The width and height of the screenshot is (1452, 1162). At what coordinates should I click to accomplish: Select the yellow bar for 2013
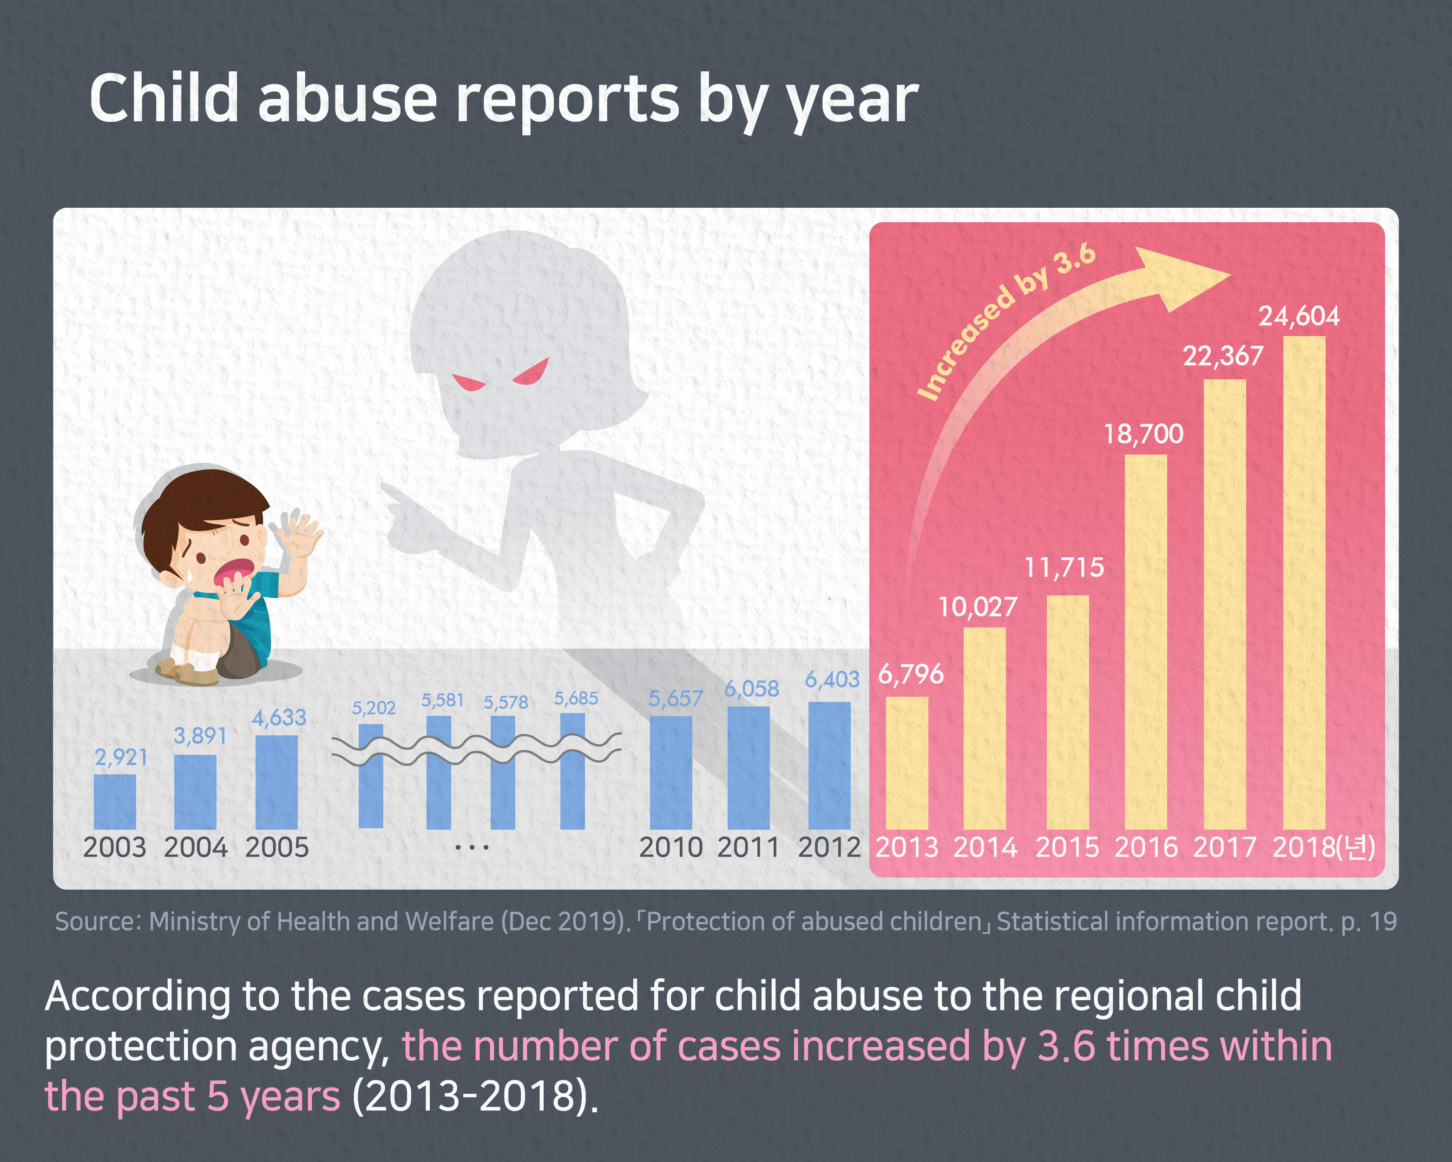click(x=907, y=763)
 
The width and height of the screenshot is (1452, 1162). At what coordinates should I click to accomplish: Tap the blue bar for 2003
click(x=114, y=802)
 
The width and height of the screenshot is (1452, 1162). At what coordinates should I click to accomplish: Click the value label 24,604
click(x=1299, y=316)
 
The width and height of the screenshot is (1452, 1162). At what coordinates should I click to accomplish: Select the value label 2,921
click(x=121, y=758)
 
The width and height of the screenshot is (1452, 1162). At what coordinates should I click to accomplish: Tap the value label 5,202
click(x=374, y=708)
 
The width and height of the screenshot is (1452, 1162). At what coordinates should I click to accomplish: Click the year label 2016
click(x=1146, y=847)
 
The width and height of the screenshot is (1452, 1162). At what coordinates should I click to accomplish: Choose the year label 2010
click(x=671, y=847)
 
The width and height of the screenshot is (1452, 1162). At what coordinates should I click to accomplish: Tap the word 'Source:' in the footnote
click(x=98, y=922)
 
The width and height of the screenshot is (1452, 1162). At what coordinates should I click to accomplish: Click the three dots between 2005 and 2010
click(x=472, y=847)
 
